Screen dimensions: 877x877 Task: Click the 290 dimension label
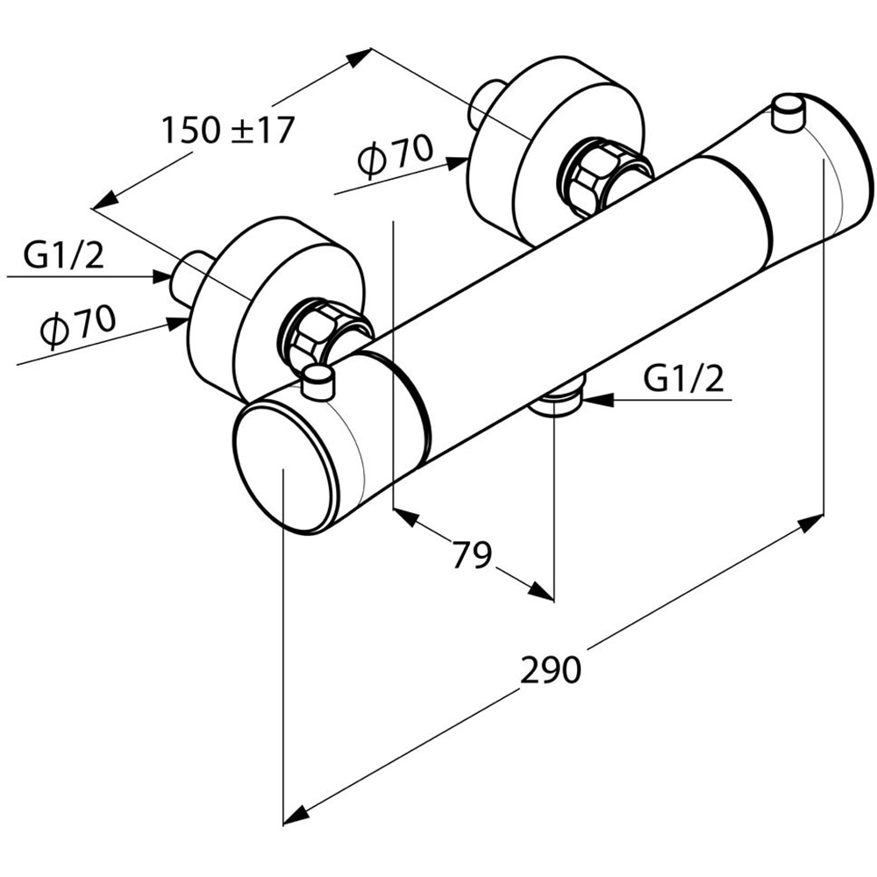(551, 670)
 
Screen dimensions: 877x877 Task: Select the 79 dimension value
(471, 554)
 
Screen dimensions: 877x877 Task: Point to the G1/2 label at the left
(64, 255)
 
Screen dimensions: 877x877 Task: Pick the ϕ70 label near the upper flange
(396, 158)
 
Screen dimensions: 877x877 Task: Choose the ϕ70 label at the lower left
(78, 325)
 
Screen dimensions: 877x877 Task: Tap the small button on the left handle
(317, 381)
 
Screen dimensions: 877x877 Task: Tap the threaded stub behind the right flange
(484, 103)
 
